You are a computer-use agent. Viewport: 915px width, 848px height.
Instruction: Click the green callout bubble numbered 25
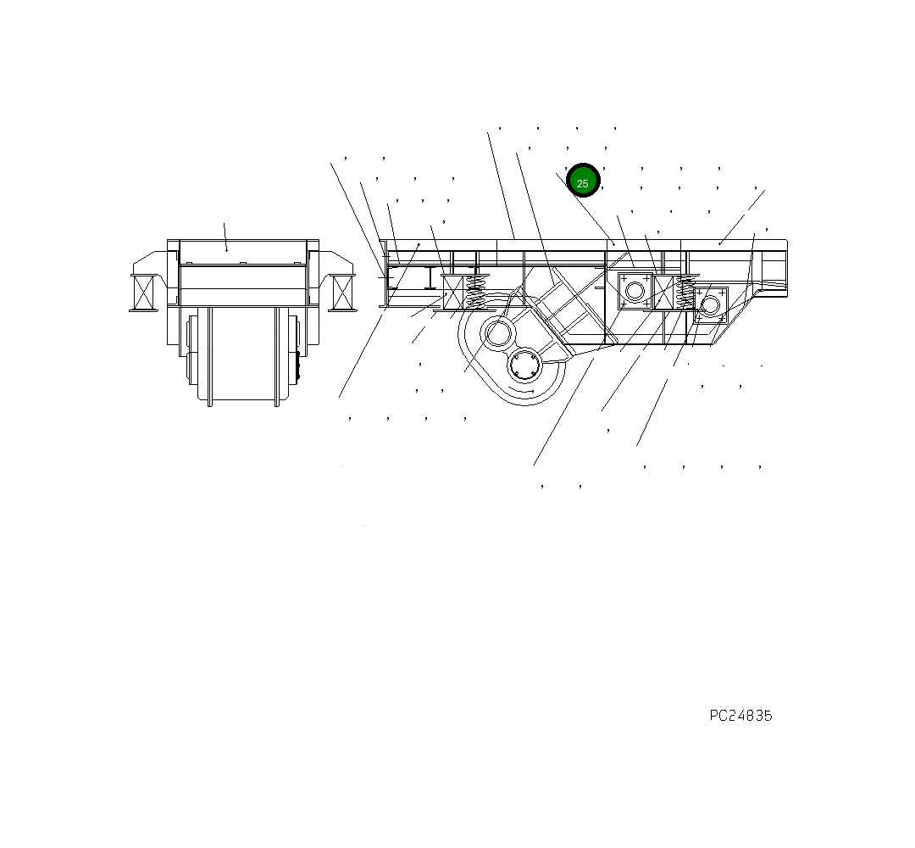(583, 181)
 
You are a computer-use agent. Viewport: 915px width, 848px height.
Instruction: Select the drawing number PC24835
(740, 716)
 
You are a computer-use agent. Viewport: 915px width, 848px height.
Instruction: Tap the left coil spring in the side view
(476, 291)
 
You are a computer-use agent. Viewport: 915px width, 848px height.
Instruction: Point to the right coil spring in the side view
(685, 293)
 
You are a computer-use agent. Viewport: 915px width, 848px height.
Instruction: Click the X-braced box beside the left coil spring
(453, 292)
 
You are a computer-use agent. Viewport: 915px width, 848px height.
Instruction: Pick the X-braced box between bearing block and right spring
(663, 291)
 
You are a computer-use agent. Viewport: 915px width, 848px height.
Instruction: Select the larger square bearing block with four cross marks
(635, 291)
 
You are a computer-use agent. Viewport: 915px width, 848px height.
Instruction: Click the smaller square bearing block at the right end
(710, 304)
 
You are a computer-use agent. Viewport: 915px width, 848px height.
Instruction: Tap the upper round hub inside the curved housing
(497, 333)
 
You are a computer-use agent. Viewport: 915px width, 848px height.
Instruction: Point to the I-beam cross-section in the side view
(430, 277)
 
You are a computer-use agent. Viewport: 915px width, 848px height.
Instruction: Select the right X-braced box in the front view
(342, 293)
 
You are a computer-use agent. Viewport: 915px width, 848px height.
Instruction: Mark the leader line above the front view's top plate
(225, 237)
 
